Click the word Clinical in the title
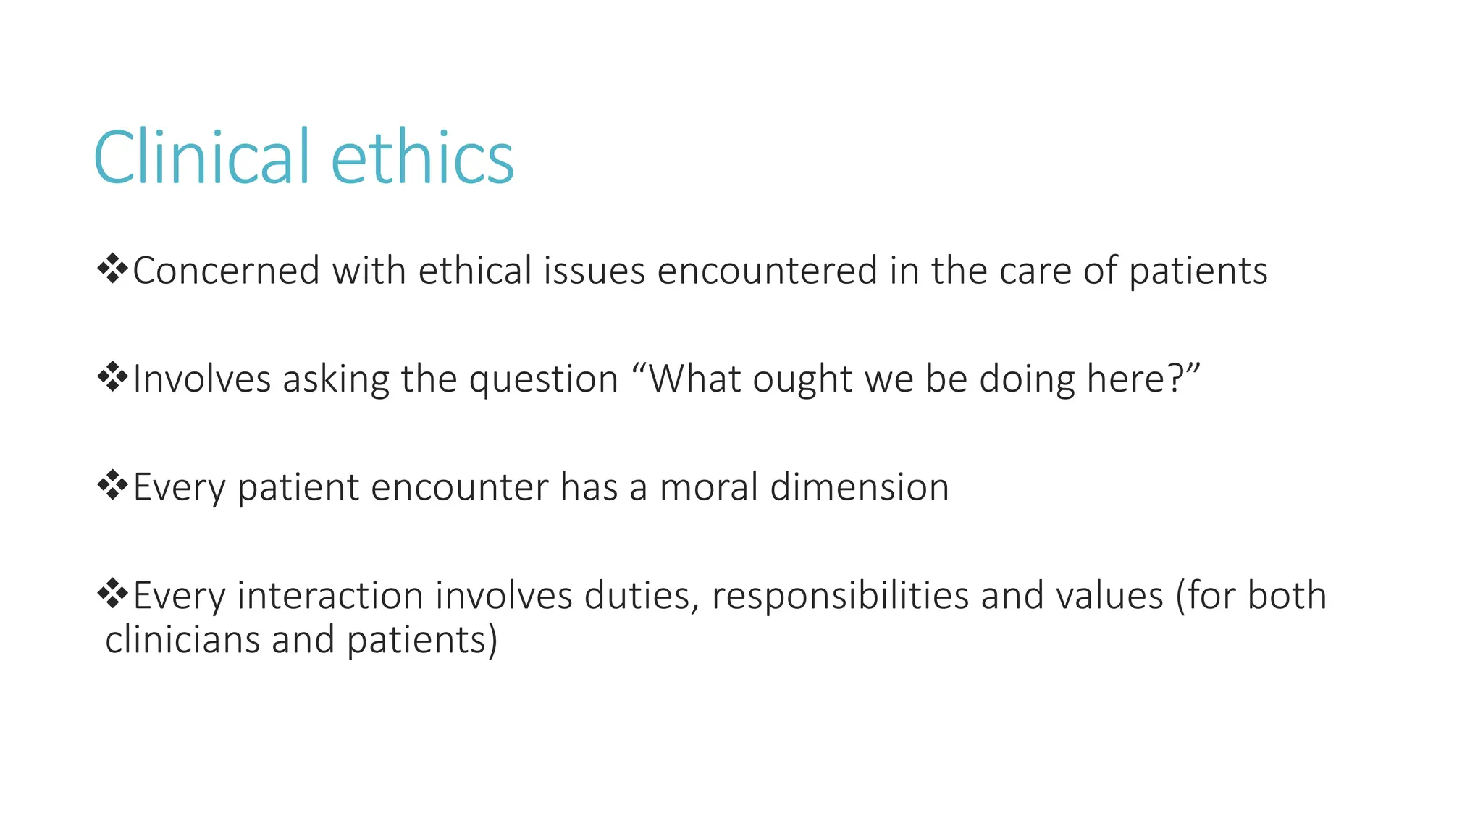click(x=202, y=157)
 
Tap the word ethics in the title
click(x=422, y=157)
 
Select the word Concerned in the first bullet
click(x=226, y=271)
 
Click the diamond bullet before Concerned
click(x=112, y=269)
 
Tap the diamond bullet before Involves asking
click(x=112, y=377)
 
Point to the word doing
click(x=1027, y=380)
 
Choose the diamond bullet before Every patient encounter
click(x=112, y=485)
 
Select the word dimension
click(x=860, y=487)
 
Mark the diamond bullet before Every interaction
click(x=112, y=594)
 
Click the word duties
click(x=642, y=597)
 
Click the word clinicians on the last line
click(x=182, y=640)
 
